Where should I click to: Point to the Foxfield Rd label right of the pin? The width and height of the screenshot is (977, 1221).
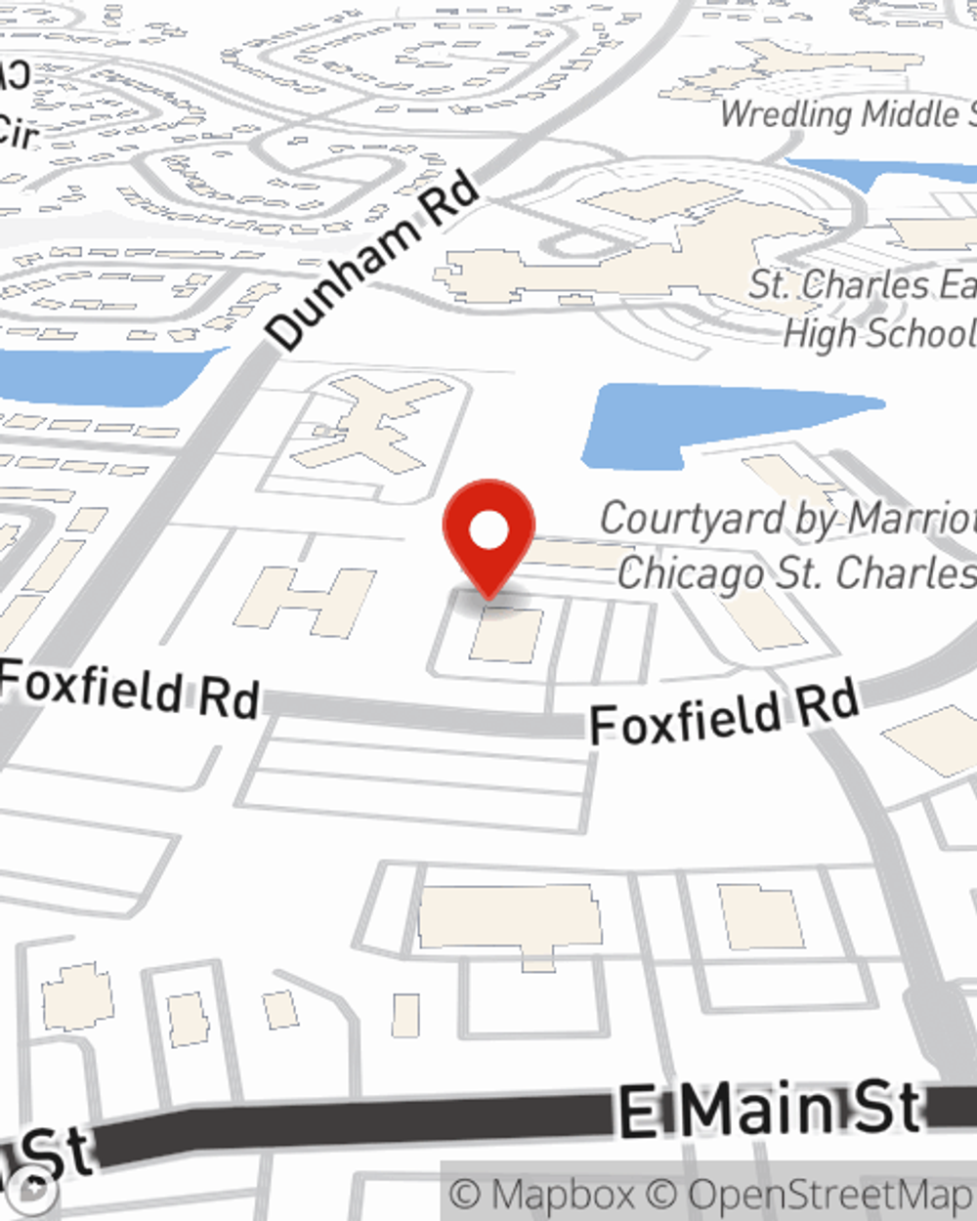pos(724,714)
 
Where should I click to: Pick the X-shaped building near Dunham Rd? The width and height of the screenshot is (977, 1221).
pos(377,424)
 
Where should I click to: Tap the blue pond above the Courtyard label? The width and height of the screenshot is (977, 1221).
pos(723,421)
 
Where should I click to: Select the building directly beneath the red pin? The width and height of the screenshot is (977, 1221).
pos(507,634)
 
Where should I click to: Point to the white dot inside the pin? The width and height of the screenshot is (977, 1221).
pos(488,531)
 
